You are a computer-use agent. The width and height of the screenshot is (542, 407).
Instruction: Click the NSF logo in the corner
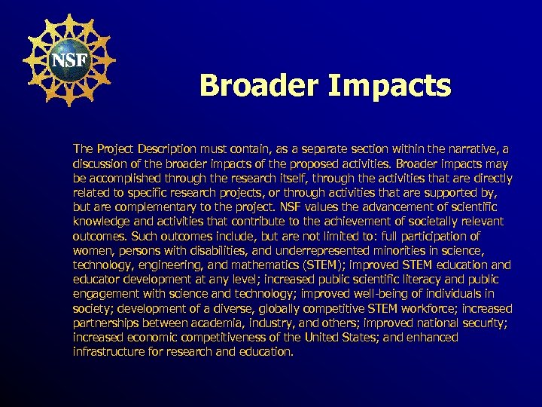(x=69, y=60)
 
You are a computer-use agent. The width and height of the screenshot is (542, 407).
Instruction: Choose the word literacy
(x=404, y=279)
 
